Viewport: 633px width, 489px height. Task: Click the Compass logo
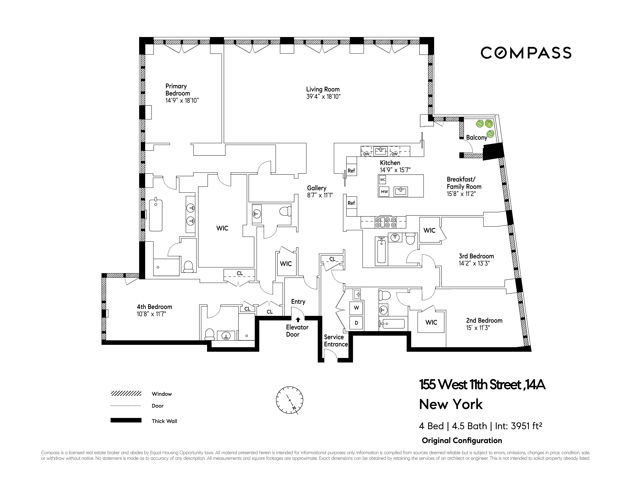(x=526, y=53)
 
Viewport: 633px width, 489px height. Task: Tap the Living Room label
(x=323, y=89)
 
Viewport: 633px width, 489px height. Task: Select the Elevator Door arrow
(x=298, y=320)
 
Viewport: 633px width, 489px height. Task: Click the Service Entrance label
(x=336, y=341)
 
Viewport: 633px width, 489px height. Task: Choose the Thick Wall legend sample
(x=126, y=420)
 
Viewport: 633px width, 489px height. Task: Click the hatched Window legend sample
(x=126, y=393)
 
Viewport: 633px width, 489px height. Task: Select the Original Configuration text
(x=462, y=441)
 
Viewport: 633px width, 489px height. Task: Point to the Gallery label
(x=317, y=188)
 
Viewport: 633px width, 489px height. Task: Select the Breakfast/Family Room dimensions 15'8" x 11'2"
(x=461, y=194)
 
